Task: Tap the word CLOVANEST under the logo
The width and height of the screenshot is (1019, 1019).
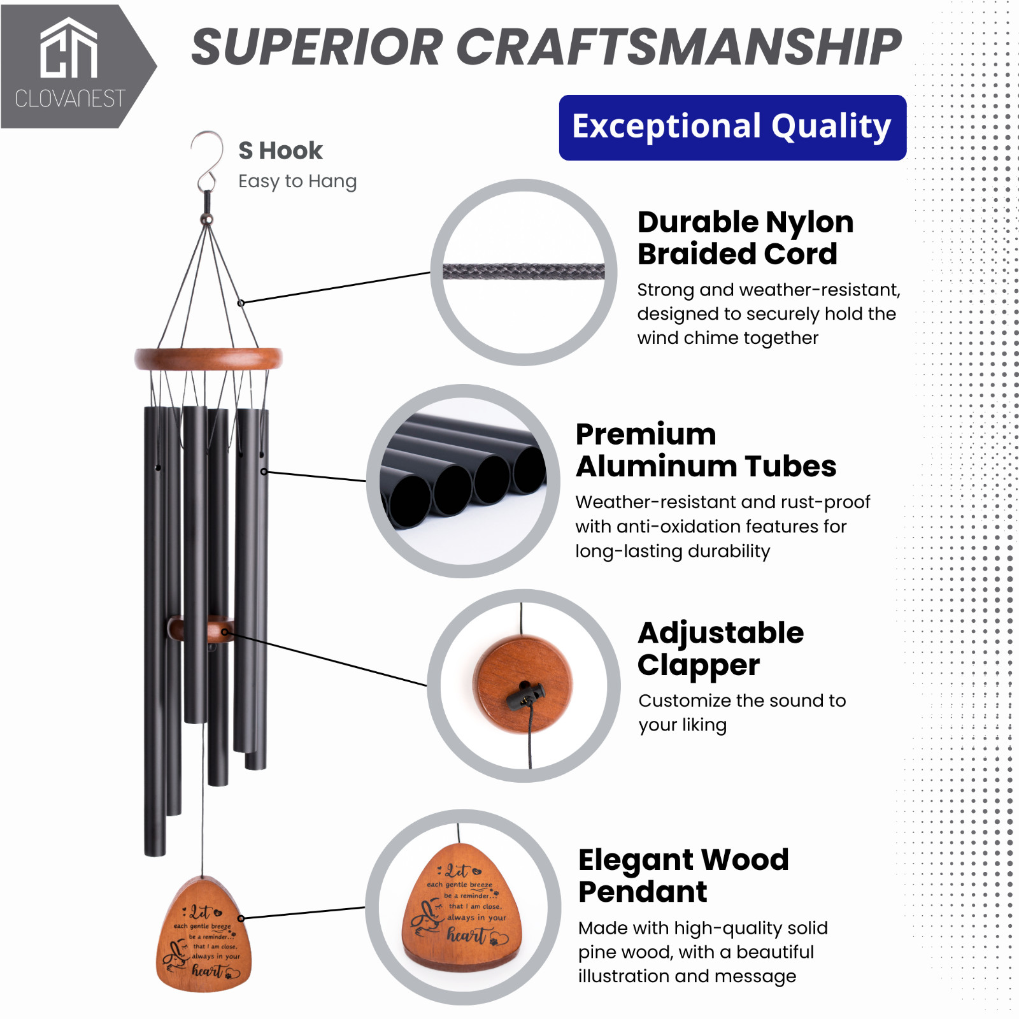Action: point(70,99)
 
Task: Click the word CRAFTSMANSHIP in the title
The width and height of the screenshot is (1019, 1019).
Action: point(679,47)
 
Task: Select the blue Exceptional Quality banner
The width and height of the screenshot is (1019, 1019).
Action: point(732,127)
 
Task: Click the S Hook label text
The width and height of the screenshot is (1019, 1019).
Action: point(280,151)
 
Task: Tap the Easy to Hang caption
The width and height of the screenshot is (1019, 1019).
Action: point(297,182)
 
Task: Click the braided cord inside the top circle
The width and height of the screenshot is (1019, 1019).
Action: point(524,272)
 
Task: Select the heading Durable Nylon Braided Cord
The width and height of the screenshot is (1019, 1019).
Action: point(746,238)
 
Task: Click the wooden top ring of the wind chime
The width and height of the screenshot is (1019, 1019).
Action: point(208,359)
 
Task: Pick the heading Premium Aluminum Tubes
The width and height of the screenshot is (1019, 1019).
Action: point(706,450)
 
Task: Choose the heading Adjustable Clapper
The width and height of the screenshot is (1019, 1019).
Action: point(721,649)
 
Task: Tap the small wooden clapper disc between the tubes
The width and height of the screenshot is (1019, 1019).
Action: point(201,629)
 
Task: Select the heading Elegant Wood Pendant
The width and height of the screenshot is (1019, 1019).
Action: point(683,876)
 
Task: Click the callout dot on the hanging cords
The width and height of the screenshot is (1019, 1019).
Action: point(241,303)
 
